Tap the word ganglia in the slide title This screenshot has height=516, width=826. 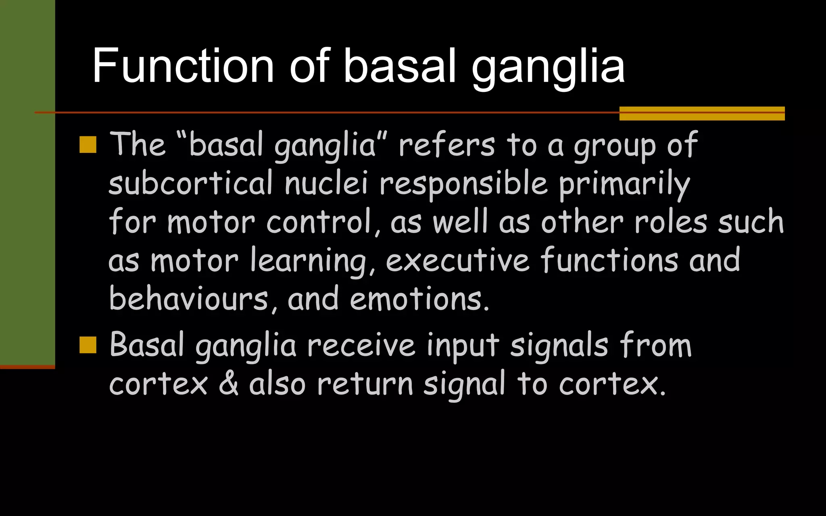pyautogui.click(x=549, y=69)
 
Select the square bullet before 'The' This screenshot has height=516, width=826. pyautogui.click(x=88, y=145)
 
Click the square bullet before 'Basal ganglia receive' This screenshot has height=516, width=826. pyautogui.click(x=88, y=345)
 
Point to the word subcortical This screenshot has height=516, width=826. pyautogui.click(x=191, y=183)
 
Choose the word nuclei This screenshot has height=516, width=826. pyautogui.click(x=326, y=183)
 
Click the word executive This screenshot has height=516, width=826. pyautogui.click(x=457, y=260)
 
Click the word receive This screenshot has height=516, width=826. pyautogui.click(x=361, y=346)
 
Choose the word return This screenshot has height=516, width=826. pyautogui.click(x=365, y=384)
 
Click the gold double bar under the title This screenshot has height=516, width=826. pyautogui.click(x=702, y=113)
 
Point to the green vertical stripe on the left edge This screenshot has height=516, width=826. pyautogui.click(x=27, y=181)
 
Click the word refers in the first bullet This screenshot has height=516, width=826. pyautogui.click(x=446, y=145)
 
